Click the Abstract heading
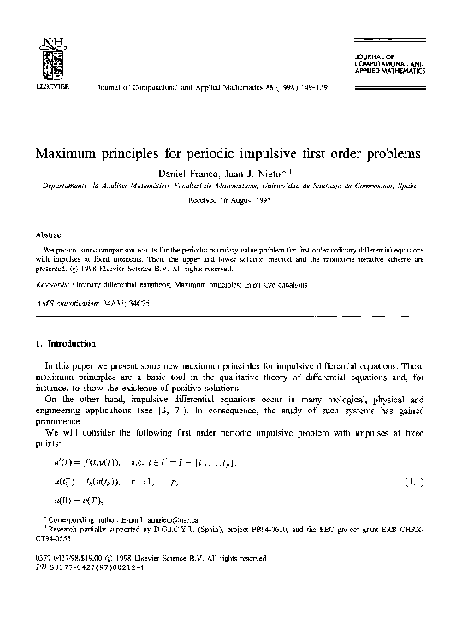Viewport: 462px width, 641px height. pyautogui.click(x=49, y=234)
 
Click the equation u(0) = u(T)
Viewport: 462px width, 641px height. pyautogui.click(x=83, y=502)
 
